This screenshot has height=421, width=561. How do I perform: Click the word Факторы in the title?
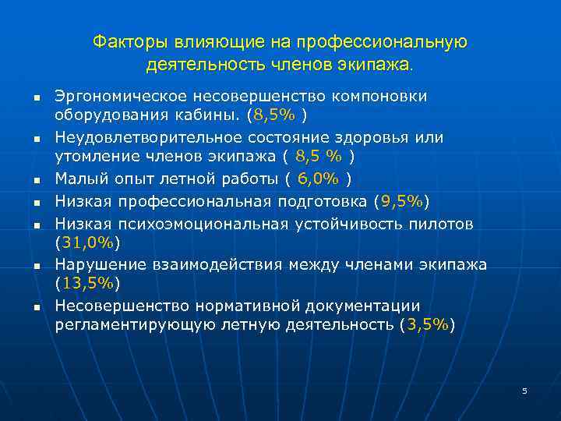pos(120,41)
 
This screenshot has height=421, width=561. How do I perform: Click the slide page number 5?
pos(524,390)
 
